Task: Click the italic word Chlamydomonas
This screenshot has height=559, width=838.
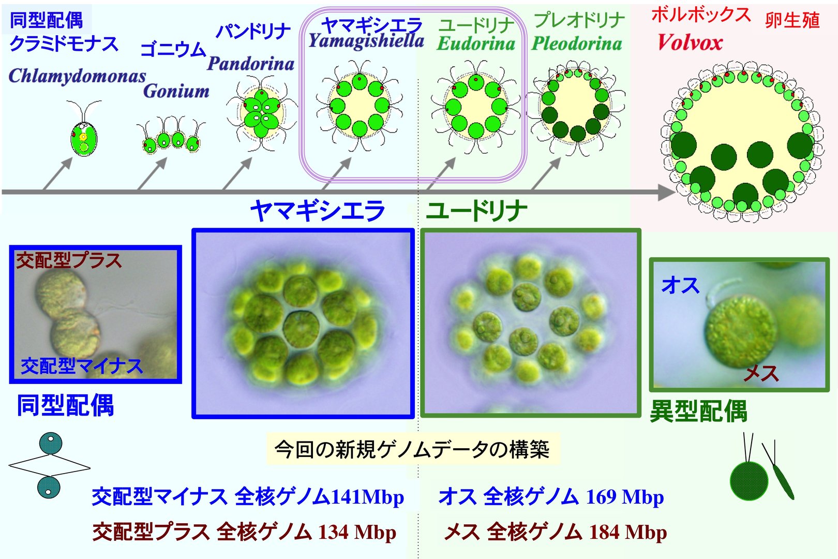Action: (77, 77)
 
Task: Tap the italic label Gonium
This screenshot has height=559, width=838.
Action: (176, 91)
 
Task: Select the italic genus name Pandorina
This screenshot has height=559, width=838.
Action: (251, 63)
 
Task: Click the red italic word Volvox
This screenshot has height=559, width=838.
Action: (690, 42)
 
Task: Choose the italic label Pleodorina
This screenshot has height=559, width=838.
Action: (577, 43)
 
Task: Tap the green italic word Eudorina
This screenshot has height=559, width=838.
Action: (476, 43)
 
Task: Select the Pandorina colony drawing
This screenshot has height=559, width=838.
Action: (262, 113)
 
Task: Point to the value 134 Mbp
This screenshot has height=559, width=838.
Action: (357, 532)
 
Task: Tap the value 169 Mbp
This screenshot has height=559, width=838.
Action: (625, 497)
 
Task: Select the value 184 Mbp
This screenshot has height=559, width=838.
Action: (628, 532)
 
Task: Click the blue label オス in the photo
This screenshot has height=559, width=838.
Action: (680, 286)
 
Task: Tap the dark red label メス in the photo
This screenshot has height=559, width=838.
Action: (761, 373)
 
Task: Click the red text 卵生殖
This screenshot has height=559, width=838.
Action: (792, 20)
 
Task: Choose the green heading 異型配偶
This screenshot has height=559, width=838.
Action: (698, 411)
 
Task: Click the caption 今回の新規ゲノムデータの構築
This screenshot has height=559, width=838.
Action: (412, 449)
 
